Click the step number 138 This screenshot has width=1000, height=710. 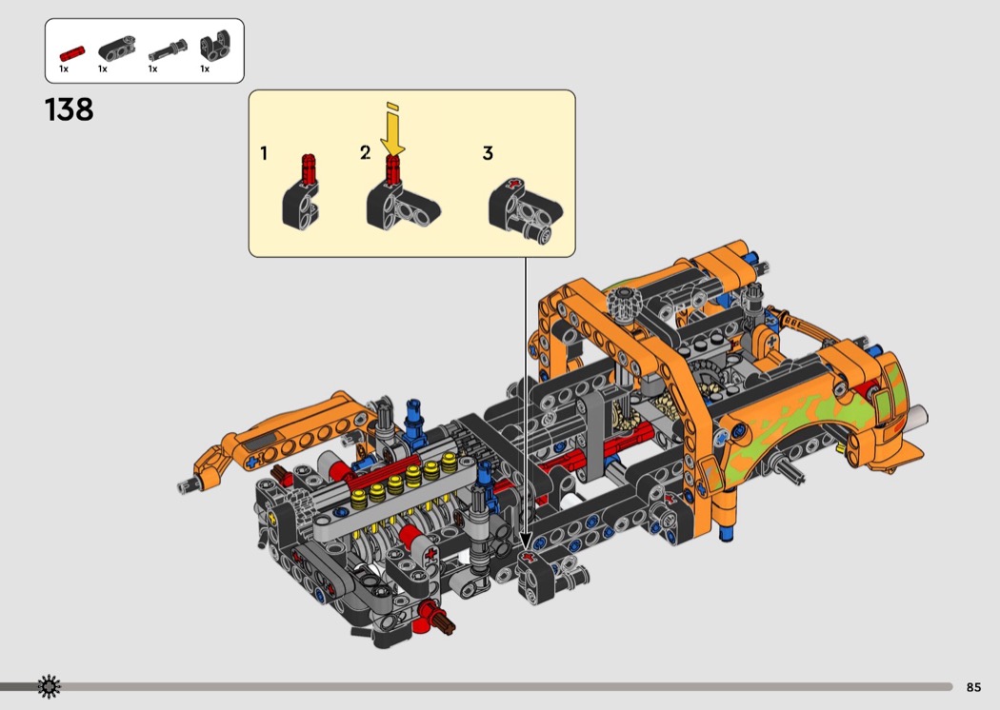(69, 110)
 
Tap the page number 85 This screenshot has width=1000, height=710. (973, 687)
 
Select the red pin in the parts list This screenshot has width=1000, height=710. (72, 53)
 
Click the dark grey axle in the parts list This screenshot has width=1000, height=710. (169, 49)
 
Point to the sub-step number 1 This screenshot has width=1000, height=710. (264, 153)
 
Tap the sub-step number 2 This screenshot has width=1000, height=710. (365, 153)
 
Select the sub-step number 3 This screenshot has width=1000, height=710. (488, 153)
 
